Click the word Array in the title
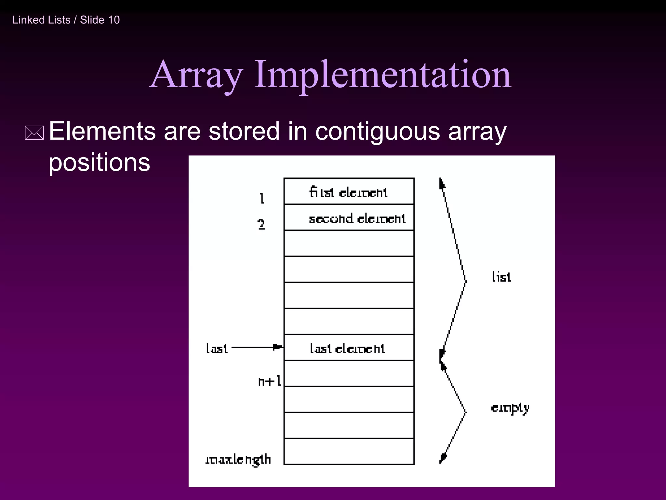pyautogui.click(x=197, y=75)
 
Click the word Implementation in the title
pyautogui.click(x=383, y=75)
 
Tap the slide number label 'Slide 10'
pyautogui.click(x=100, y=20)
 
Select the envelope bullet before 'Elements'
pyautogui.click(x=34, y=133)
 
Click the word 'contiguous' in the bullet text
pyautogui.click(x=377, y=131)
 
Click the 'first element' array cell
pyautogui.click(x=349, y=191)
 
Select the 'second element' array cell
pyautogui.click(x=349, y=218)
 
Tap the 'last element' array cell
pyautogui.click(x=349, y=348)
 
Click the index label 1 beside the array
pyautogui.click(x=262, y=198)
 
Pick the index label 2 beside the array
pyautogui.click(x=261, y=224)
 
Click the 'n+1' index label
pyautogui.click(x=270, y=381)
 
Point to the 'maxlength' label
pyautogui.click(x=238, y=459)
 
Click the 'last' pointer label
pyautogui.click(x=217, y=348)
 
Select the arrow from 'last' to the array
pyautogui.click(x=257, y=347)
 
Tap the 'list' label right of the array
pyautogui.click(x=501, y=277)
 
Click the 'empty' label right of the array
pyautogui.click(x=510, y=408)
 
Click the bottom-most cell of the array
pyautogui.click(x=349, y=451)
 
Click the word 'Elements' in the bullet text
pyautogui.click(x=102, y=131)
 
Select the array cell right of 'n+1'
pyautogui.click(x=349, y=373)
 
